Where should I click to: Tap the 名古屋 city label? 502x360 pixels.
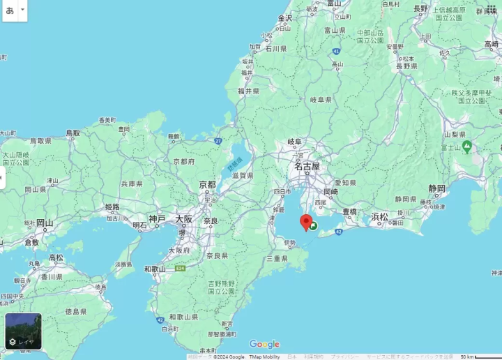point(307,167)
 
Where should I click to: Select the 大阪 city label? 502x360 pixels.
point(184,219)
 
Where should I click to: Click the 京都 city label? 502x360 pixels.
point(207,185)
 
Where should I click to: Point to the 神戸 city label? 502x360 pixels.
point(158,219)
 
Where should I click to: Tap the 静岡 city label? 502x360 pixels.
point(436,188)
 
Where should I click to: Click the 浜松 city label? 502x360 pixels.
point(380,216)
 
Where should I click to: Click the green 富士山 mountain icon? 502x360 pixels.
point(466,147)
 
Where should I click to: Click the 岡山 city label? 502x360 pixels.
point(45,223)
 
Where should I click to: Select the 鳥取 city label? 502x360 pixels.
point(73,133)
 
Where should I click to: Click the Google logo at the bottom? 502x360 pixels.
point(264,344)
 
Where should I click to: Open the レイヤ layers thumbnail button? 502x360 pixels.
point(24,331)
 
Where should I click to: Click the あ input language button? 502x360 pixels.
point(10,10)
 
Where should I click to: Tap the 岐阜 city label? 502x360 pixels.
point(296,142)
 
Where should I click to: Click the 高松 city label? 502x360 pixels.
point(56,257)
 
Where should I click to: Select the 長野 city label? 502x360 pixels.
point(420,8)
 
